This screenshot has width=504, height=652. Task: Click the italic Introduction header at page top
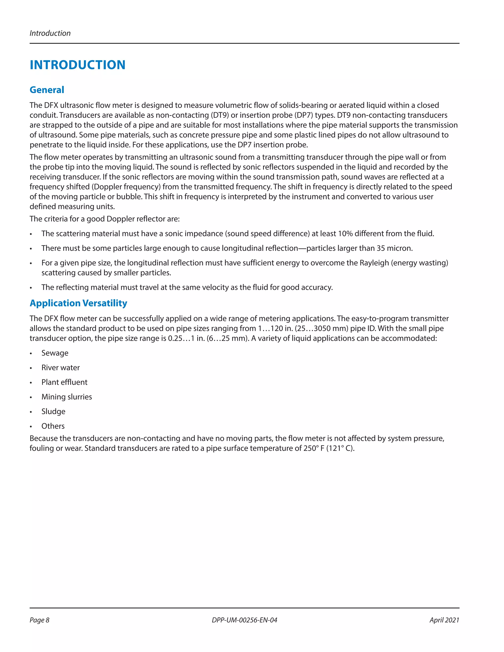pyautogui.click(x=50, y=33)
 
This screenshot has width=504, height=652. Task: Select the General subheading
pyautogui.click(x=47, y=90)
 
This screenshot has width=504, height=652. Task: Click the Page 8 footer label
pyautogui.click(x=39, y=620)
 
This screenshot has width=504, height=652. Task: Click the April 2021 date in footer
pyautogui.click(x=444, y=620)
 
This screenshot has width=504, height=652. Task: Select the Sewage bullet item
pyautogui.click(x=55, y=353)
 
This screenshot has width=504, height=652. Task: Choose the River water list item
pyautogui.click(x=60, y=368)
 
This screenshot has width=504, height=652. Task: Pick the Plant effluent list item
pyautogui.click(x=64, y=382)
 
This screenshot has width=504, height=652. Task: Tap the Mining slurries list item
pyautogui.click(x=67, y=397)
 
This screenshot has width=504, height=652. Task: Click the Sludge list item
pyautogui.click(x=53, y=411)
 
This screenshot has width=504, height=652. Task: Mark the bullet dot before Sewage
pyautogui.click(x=31, y=354)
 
